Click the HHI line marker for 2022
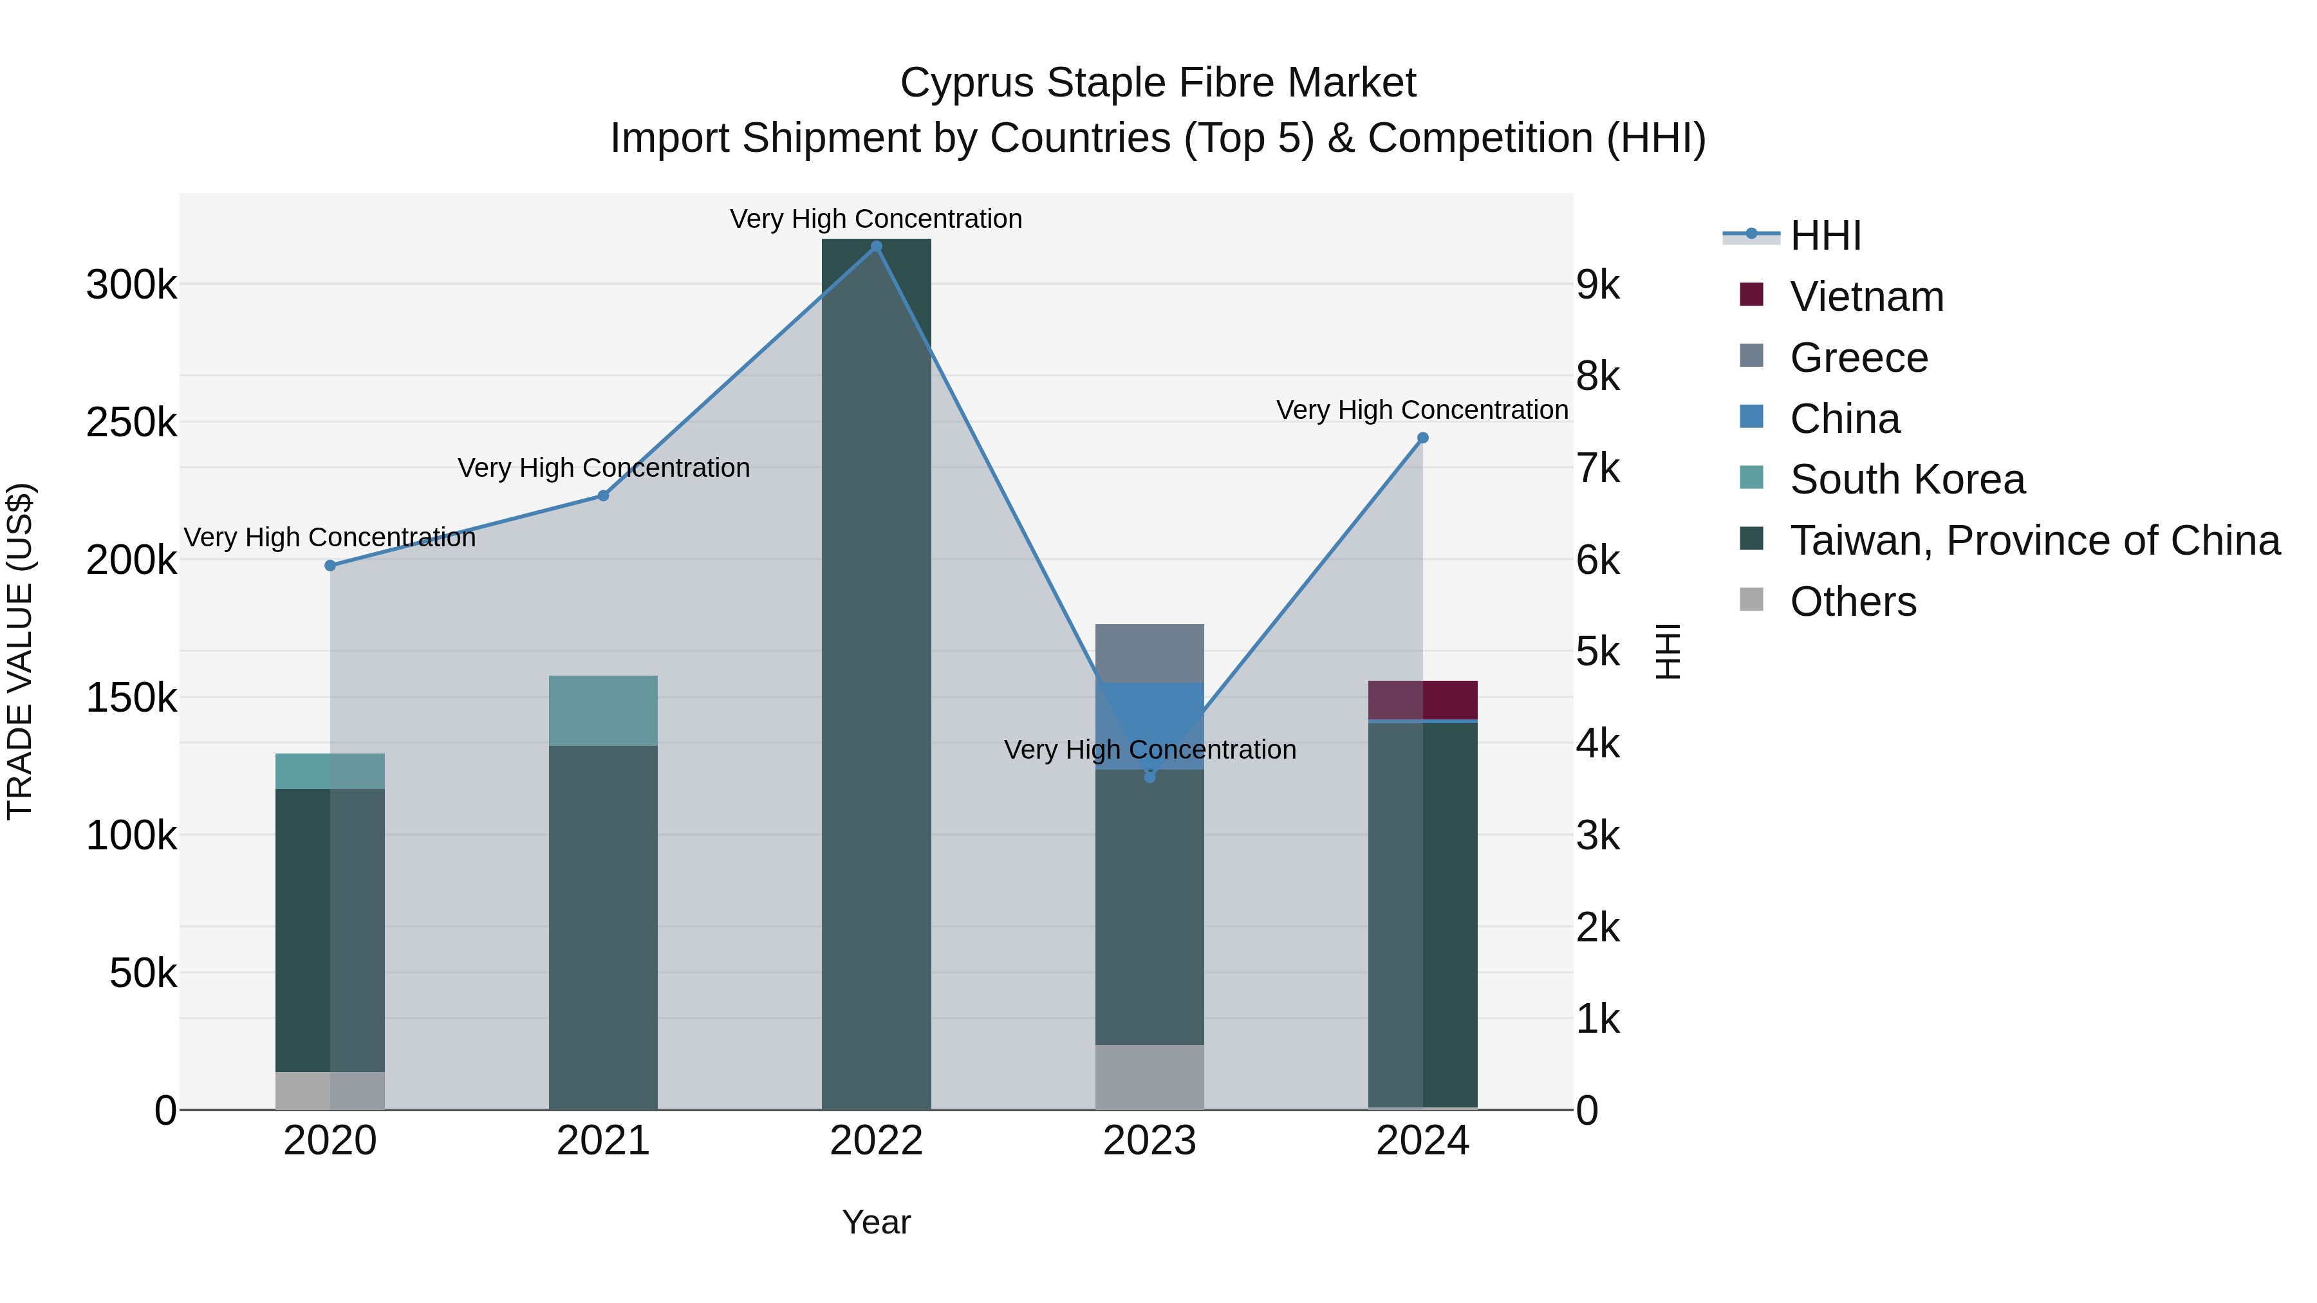click(x=876, y=246)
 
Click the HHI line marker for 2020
click(x=330, y=566)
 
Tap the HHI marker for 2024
click(x=1422, y=438)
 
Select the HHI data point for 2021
click(x=604, y=495)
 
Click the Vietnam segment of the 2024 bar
click(x=1422, y=701)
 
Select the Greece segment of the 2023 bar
click(x=1149, y=653)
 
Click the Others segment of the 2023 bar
click(x=1149, y=1077)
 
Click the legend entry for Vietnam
click(x=1866, y=297)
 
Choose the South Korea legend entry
click(x=1907, y=479)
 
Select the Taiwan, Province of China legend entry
click(x=2034, y=541)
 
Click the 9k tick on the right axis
click(x=1597, y=285)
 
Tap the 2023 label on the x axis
click(x=1149, y=1141)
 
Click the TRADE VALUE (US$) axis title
click(x=20, y=651)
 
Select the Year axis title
click(x=876, y=1222)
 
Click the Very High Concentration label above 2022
click(x=875, y=219)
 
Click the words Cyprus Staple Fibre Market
click(x=1158, y=83)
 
